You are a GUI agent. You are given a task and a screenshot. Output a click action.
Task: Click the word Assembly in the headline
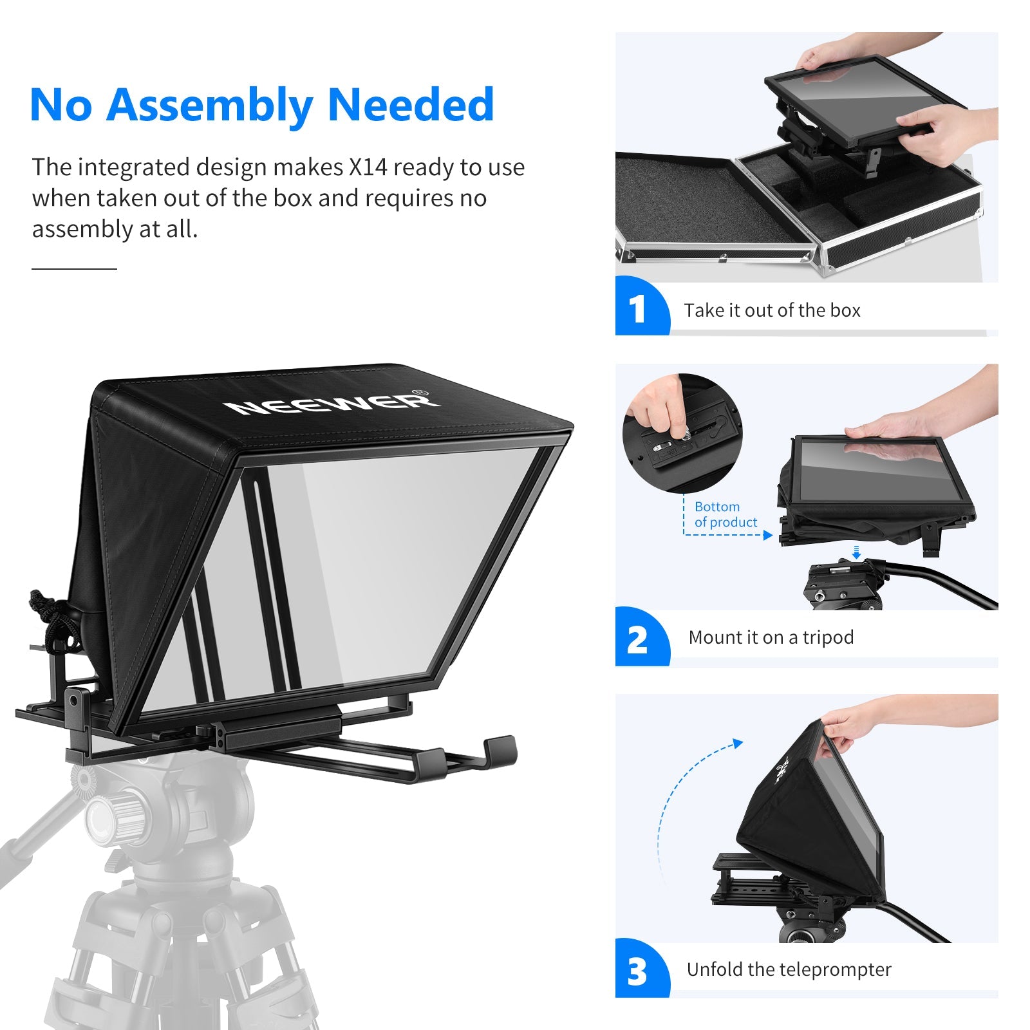(210, 105)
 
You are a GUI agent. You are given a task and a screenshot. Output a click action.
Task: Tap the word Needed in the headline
(411, 105)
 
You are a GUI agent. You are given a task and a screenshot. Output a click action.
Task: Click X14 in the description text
(368, 167)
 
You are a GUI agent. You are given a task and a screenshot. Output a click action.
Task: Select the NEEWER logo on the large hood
(332, 404)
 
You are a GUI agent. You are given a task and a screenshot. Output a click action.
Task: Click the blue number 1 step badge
(638, 308)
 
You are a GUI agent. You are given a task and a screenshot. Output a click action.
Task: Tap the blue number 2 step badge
(637, 639)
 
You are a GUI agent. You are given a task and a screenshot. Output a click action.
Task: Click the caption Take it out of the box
(772, 310)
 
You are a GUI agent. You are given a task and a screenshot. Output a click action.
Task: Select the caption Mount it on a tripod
(771, 637)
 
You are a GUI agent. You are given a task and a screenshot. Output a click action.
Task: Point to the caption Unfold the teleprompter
(789, 969)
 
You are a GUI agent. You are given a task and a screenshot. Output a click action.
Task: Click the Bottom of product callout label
(725, 514)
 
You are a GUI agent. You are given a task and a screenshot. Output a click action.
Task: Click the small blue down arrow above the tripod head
(856, 552)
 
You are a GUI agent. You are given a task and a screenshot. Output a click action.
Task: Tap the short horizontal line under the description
(74, 268)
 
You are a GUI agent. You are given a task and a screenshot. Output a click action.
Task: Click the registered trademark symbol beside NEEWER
(419, 392)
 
